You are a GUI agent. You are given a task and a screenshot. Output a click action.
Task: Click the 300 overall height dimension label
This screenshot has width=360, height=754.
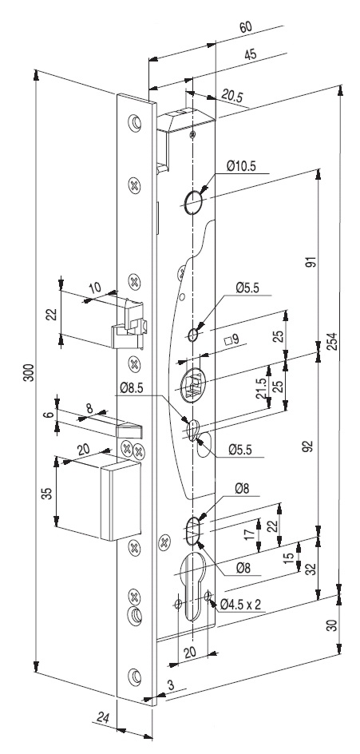[x=29, y=372]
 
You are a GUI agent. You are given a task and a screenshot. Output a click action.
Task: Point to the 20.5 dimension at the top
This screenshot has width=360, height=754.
[x=232, y=96]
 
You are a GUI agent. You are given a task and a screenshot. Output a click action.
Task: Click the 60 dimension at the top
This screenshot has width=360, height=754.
[x=247, y=28]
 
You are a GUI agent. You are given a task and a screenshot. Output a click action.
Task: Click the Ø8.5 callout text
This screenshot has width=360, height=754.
[x=132, y=387]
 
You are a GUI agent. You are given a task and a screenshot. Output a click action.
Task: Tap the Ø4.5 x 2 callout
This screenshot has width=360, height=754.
[x=240, y=604]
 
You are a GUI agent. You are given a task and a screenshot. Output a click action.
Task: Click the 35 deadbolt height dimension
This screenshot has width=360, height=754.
[x=46, y=494]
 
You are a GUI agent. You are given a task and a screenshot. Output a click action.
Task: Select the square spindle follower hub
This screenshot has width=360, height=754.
[x=192, y=383]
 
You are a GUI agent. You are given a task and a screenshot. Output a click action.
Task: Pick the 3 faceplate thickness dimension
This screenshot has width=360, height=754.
[x=170, y=685]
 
